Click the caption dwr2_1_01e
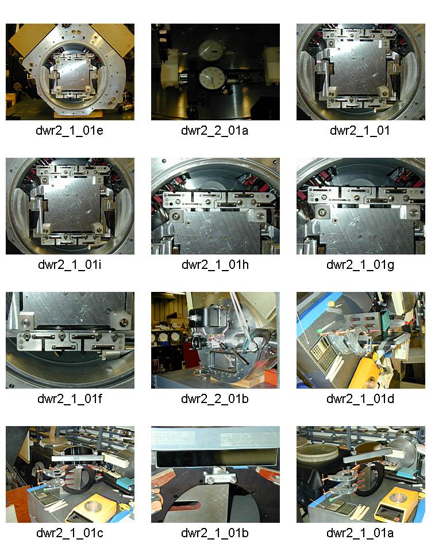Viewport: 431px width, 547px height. [70, 131]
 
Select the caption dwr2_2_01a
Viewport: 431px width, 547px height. [215, 131]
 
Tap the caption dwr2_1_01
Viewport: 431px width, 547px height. [360, 131]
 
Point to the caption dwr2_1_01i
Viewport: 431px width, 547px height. [70, 265]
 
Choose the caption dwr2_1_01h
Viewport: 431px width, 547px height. [215, 265]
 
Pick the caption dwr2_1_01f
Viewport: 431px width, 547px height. [70, 399]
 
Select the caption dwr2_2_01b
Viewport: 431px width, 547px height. [215, 399]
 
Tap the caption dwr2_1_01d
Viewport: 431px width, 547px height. [360, 399]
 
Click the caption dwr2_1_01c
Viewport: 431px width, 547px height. [70, 533]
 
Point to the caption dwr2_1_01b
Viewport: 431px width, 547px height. [215, 533]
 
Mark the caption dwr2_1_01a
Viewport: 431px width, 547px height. [360, 533]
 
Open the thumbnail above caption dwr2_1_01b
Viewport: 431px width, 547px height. [215, 474]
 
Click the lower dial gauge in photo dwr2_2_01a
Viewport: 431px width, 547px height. [211, 78]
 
